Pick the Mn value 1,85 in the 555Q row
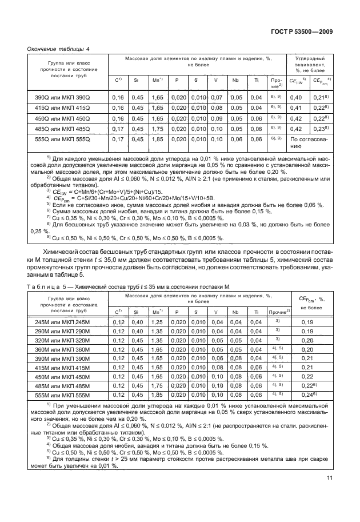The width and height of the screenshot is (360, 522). [x=157, y=139]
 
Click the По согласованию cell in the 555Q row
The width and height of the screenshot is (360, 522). [x=309, y=142]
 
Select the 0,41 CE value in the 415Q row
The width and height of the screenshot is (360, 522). [x=295, y=108]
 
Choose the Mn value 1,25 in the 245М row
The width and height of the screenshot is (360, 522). [x=157, y=322]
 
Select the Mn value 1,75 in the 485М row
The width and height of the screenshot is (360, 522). [x=157, y=386]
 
